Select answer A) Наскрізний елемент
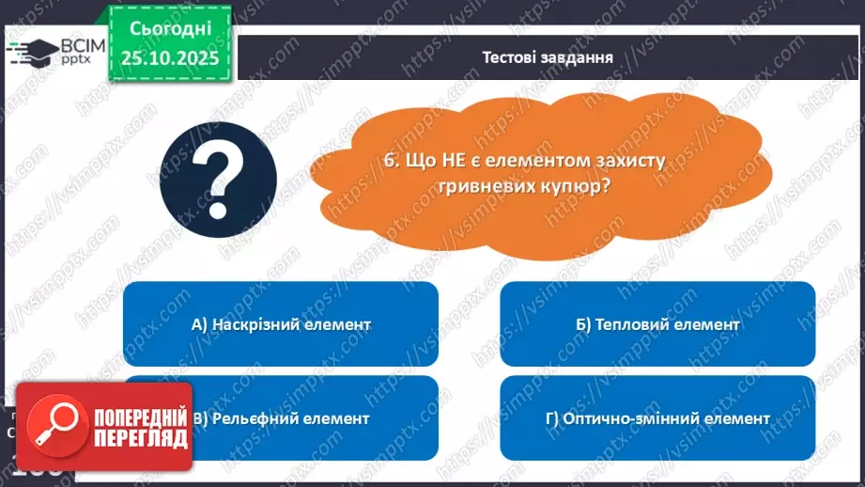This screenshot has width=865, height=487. click(x=281, y=324)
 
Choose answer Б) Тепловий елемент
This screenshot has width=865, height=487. click(x=657, y=324)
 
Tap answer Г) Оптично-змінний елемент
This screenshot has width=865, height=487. click(x=657, y=418)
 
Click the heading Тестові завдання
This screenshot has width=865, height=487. click(x=548, y=56)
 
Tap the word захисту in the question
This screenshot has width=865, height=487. click(x=629, y=161)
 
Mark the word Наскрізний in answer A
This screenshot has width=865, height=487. click(x=248, y=324)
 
